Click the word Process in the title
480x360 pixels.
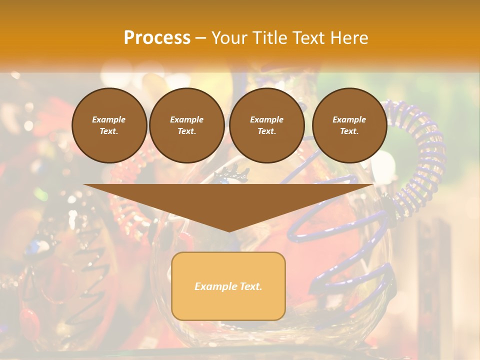(x=157, y=38)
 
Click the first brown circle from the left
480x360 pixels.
(x=109, y=125)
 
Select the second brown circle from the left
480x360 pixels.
(x=186, y=125)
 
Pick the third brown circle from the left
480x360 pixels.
(x=266, y=125)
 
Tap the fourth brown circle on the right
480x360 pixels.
(x=349, y=125)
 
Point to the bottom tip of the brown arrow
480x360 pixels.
(x=228, y=231)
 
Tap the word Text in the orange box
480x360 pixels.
(x=249, y=286)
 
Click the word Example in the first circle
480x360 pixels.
(x=109, y=119)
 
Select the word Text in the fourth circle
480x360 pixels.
(x=349, y=131)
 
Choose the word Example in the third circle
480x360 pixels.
(x=266, y=119)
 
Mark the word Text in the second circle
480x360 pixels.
(x=186, y=131)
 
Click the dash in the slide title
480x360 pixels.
(x=200, y=38)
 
